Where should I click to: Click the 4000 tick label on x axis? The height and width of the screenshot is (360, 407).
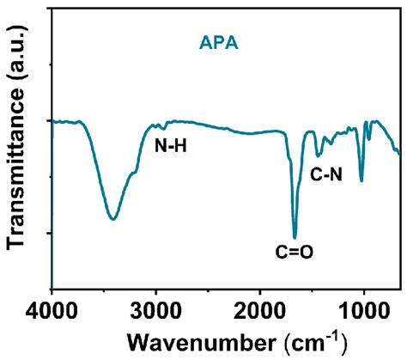[x=52, y=306]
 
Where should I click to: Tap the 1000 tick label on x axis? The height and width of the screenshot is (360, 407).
[x=363, y=306]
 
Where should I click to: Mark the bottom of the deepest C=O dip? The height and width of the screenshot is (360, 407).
[x=295, y=237]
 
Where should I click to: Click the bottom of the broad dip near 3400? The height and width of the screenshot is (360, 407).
[x=112, y=218]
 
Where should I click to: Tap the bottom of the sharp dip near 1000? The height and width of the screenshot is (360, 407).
[x=361, y=180]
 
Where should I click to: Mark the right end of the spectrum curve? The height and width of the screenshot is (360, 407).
[x=399, y=153]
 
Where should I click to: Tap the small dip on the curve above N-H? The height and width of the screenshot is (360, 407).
[x=164, y=127]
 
